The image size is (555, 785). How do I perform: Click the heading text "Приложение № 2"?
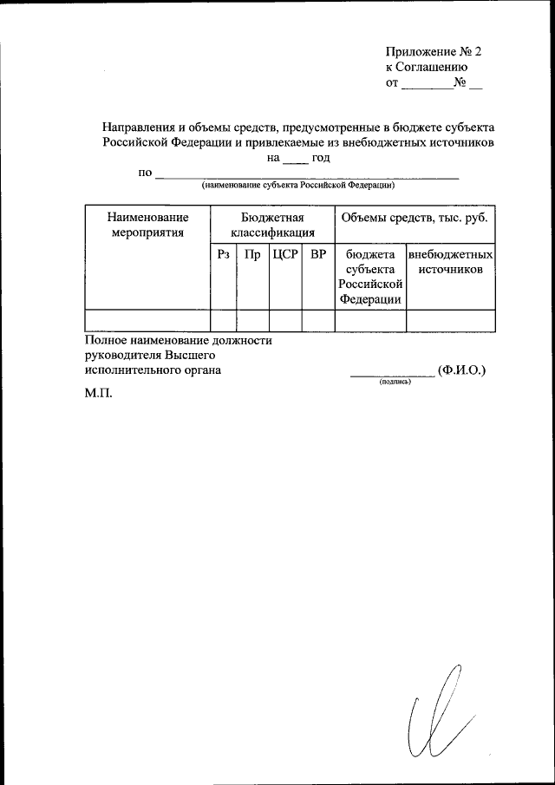(433, 51)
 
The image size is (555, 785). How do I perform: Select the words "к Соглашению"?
(427, 67)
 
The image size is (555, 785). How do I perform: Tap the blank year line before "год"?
(296, 160)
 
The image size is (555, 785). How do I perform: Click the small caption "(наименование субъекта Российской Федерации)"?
(299, 186)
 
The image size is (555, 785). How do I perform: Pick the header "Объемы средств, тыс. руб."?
(415, 218)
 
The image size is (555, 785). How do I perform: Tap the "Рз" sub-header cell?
(224, 255)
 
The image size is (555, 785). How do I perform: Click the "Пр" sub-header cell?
(252, 255)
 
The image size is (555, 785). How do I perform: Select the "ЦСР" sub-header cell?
(285, 255)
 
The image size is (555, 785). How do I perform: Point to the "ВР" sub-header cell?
(318, 255)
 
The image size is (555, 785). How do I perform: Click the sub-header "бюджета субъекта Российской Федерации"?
(370, 277)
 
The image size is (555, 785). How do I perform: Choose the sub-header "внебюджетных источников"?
(450, 262)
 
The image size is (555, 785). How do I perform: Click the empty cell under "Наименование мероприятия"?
(147, 320)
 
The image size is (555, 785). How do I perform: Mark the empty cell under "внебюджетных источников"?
(450, 320)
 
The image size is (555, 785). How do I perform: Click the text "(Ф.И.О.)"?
(462, 370)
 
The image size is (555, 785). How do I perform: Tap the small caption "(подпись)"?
(395, 382)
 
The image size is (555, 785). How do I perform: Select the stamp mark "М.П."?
(99, 393)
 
